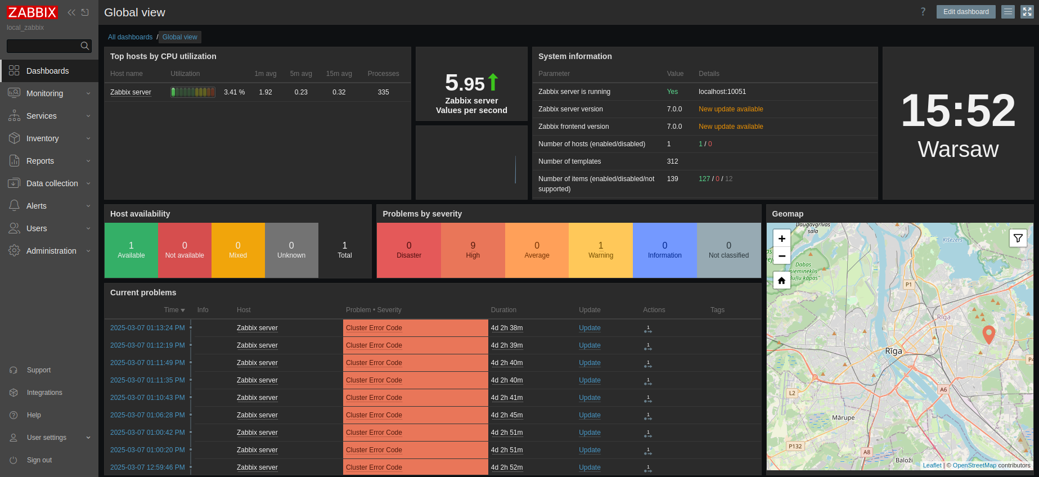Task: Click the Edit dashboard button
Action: coord(965,12)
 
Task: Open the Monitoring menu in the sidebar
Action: coord(44,93)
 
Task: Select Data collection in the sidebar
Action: coord(52,183)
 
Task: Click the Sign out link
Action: coord(39,460)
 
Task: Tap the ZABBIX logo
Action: coord(32,12)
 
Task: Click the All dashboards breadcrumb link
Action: coord(130,37)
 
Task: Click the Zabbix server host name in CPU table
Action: coord(131,92)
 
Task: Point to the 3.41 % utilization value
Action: coord(234,92)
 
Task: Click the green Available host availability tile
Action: coord(131,250)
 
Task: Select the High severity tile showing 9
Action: coord(473,250)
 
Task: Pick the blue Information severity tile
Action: coord(664,250)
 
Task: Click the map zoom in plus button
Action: coord(781,238)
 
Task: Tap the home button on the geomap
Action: coord(781,280)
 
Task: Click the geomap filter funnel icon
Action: coord(1018,238)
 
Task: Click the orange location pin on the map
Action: coord(988,334)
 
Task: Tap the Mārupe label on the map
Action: coord(843,418)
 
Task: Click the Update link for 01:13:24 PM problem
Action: coord(590,328)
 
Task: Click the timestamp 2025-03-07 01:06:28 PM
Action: coord(147,415)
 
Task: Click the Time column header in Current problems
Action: coord(174,310)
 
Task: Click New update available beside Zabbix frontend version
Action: coord(730,127)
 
